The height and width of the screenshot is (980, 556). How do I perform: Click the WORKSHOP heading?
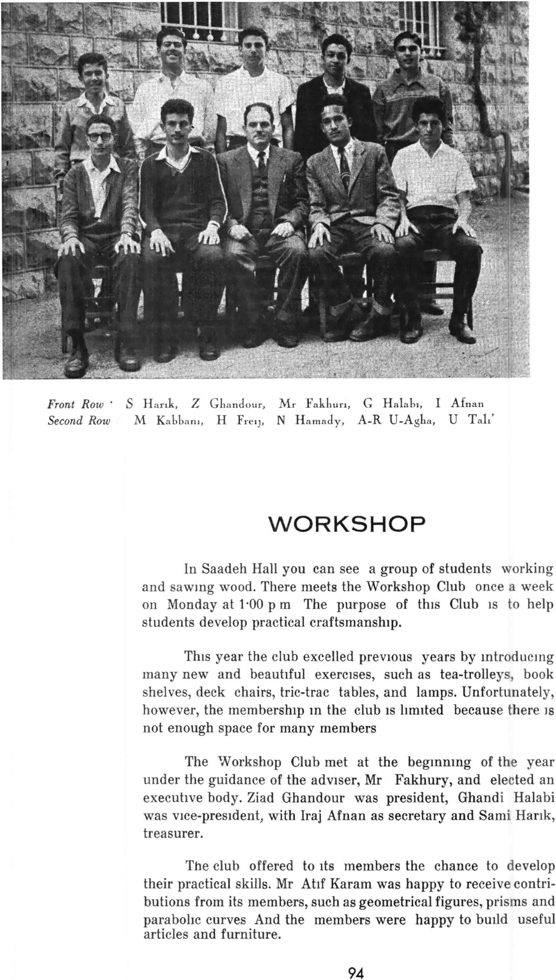pos(347,524)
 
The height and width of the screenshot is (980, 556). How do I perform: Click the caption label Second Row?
pos(79,421)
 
